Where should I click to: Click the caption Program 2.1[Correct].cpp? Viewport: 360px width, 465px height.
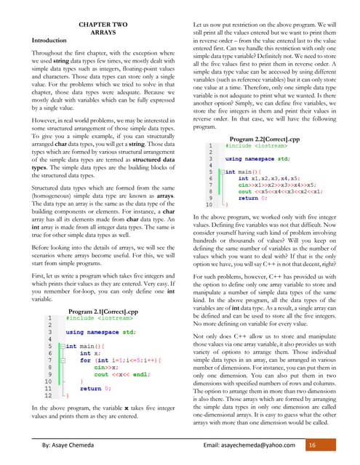point(103,311)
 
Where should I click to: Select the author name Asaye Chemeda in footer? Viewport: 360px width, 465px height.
point(74,444)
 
